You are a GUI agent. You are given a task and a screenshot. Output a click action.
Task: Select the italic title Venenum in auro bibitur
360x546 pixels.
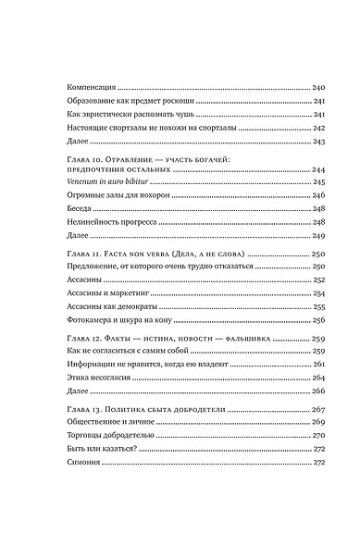[111, 183]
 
